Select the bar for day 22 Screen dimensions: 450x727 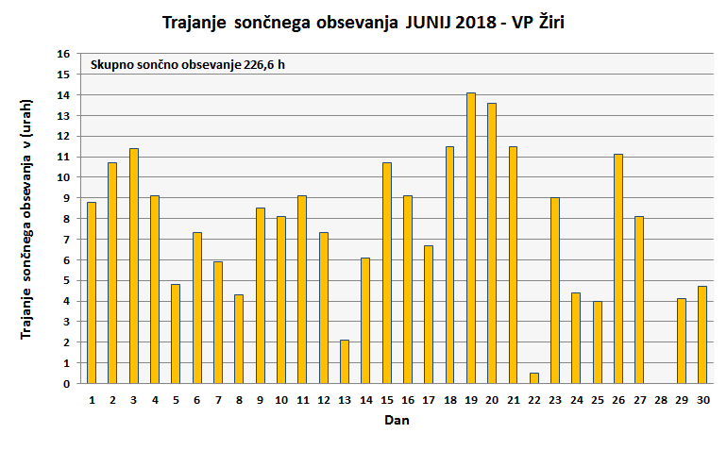tap(534, 378)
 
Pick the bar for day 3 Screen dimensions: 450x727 tap(134, 266)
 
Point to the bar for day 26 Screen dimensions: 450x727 tap(618, 269)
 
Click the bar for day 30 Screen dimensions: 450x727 tap(702, 335)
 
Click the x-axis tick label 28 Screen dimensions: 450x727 tap(660, 400)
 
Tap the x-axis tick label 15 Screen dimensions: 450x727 tap(386, 400)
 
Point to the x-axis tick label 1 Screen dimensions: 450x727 tap(92, 400)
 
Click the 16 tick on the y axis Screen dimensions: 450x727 tap(65, 54)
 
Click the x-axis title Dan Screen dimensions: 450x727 tap(397, 421)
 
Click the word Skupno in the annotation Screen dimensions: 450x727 tap(111, 65)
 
